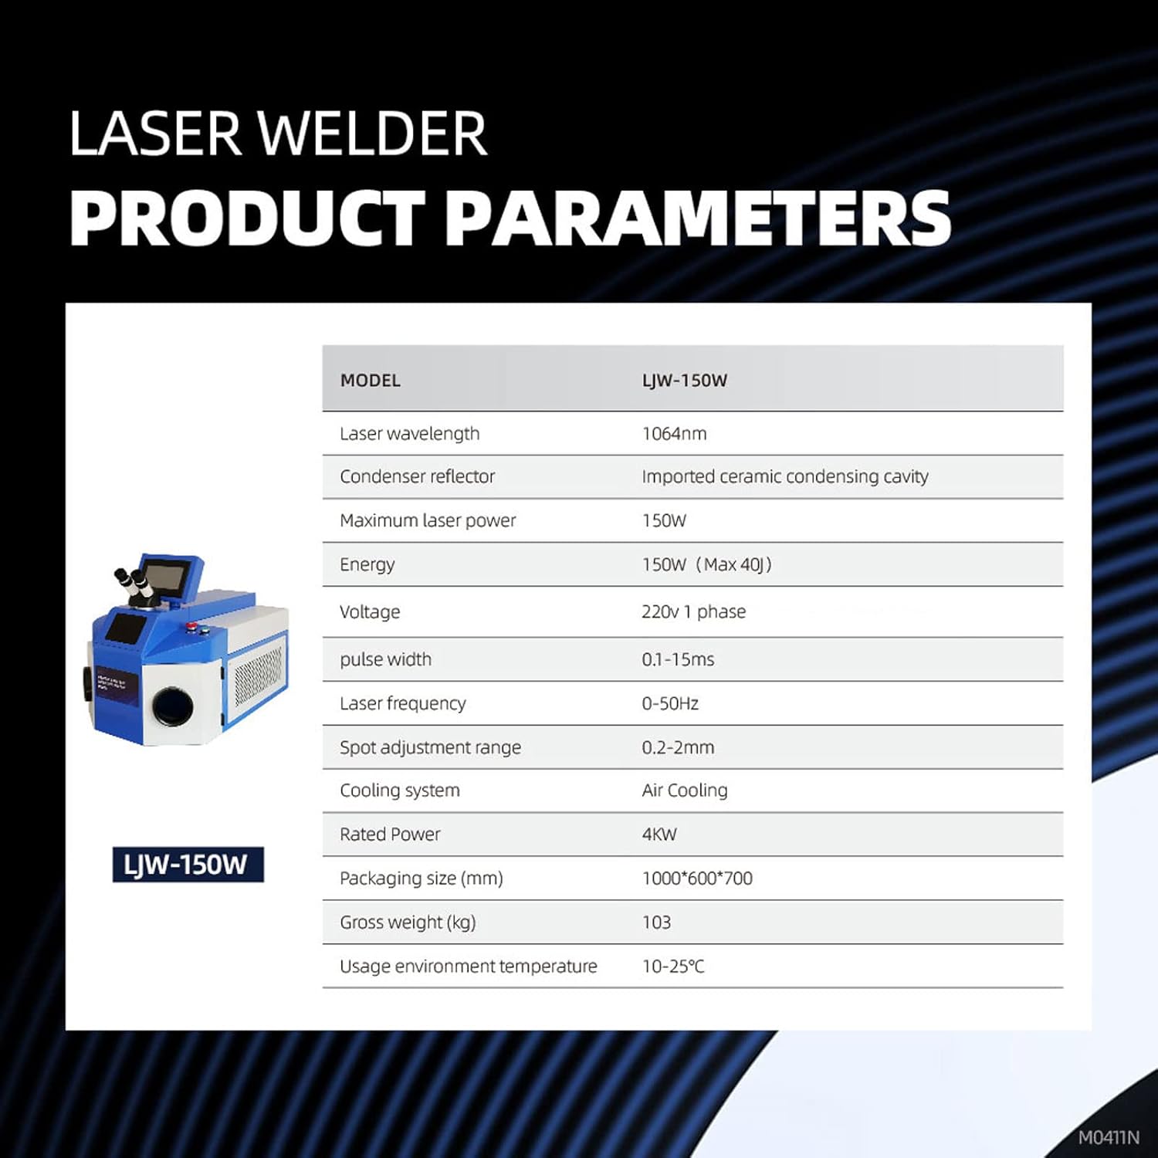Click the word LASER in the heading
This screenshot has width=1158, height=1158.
click(155, 134)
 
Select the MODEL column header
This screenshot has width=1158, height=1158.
click(371, 381)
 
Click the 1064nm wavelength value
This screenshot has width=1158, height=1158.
click(674, 434)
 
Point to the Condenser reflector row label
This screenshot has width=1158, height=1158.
click(417, 477)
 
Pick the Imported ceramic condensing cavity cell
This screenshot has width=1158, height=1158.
click(784, 477)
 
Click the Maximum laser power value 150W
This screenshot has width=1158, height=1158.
click(664, 521)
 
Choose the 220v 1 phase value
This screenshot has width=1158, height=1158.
click(693, 612)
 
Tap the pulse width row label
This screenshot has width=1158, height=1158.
click(385, 660)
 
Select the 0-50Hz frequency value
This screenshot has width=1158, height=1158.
click(670, 704)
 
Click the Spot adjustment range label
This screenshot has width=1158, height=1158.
click(430, 748)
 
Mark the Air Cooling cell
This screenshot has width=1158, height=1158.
click(685, 791)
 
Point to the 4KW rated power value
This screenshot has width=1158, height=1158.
click(659, 835)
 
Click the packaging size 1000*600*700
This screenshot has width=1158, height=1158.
click(697, 879)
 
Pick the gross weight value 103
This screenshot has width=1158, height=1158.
click(656, 923)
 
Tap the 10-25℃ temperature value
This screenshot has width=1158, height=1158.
click(673, 967)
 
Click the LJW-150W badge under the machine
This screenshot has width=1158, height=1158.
click(188, 865)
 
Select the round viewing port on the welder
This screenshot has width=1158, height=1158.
click(173, 706)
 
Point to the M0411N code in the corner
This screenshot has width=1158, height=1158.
click(1109, 1138)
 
